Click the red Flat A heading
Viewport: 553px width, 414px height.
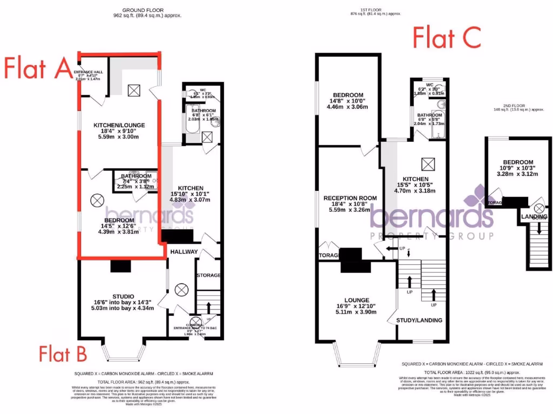(x=37, y=68)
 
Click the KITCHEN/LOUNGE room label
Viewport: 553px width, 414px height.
(x=118, y=126)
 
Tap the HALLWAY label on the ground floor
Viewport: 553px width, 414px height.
(x=184, y=252)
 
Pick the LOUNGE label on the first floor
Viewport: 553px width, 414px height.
(x=356, y=300)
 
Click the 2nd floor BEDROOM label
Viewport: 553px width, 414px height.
(x=518, y=162)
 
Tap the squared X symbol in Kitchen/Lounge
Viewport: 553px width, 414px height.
(x=133, y=91)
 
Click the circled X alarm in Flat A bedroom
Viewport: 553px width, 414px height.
(x=97, y=201)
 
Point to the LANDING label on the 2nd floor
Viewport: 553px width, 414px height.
(x=534, y=217)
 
